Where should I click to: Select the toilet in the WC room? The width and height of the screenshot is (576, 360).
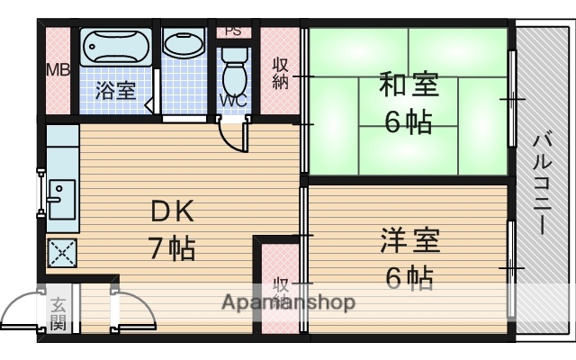[x=232, y=63]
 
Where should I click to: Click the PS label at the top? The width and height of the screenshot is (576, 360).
[x=233, y=30]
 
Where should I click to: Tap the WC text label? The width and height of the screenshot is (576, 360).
[x=232, y=100]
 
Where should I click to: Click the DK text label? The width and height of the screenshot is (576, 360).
[x=172, y=212]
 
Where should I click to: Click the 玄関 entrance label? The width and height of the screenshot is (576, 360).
[x=58, y=314]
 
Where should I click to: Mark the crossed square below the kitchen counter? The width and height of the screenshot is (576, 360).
[x=62, y=254]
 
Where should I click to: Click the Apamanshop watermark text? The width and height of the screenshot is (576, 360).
[x=288, y=301]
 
